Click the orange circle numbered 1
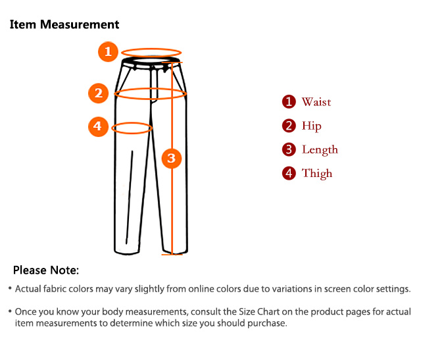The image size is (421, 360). [109, 51]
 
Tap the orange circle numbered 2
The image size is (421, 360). [98, 93]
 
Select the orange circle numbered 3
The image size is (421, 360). [171, 158]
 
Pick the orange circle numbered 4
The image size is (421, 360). [98, 126]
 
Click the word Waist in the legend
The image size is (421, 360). [316, 102]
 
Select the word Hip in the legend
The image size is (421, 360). [311, 126]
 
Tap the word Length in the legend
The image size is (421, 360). [320, 150]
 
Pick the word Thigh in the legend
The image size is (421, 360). [317, 174]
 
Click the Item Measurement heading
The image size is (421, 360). [64, 25]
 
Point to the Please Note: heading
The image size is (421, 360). [46, 270]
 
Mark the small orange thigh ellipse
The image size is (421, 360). [132, 128]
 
